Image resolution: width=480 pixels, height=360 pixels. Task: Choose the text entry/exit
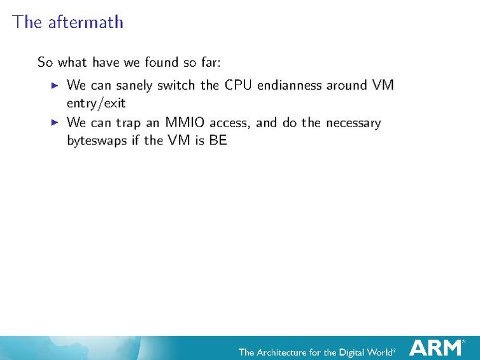tap(96, 102)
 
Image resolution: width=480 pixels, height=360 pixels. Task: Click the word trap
tap(129, 123)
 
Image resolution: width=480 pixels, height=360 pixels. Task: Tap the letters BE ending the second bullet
tap(218, 140)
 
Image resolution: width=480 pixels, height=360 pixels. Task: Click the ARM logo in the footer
tap(437, 347)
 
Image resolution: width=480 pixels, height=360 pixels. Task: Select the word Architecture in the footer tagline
tap(292, 352)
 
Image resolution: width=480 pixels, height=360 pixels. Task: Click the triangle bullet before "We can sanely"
tap(55, 85)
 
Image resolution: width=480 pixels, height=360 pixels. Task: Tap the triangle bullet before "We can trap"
tap(55, 122)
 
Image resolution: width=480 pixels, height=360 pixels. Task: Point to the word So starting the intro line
tap(45, 62)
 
